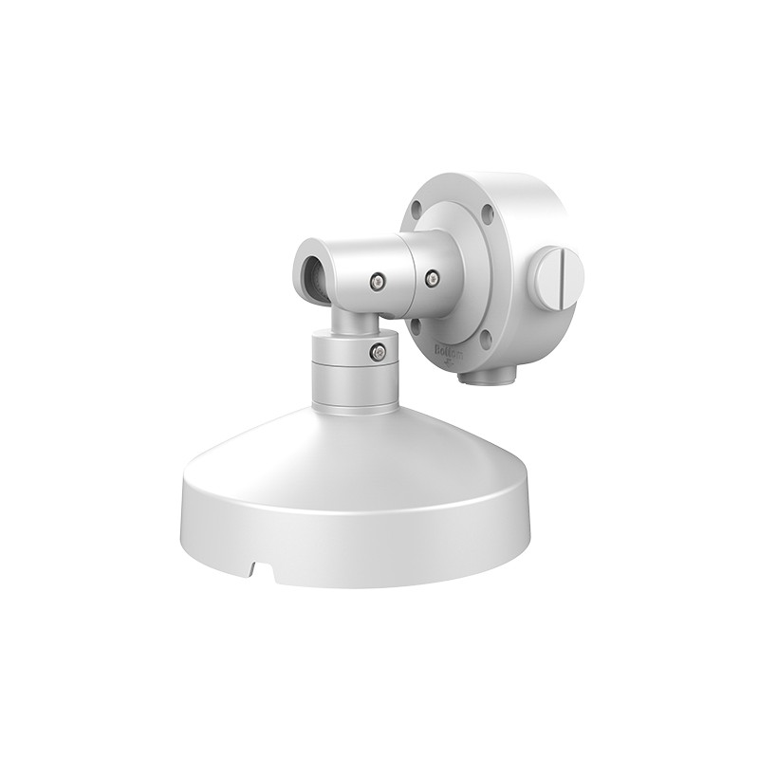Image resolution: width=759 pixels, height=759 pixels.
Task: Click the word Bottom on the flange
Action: click(445, 350)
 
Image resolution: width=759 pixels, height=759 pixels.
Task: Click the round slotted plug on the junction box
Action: click(557, 275)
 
